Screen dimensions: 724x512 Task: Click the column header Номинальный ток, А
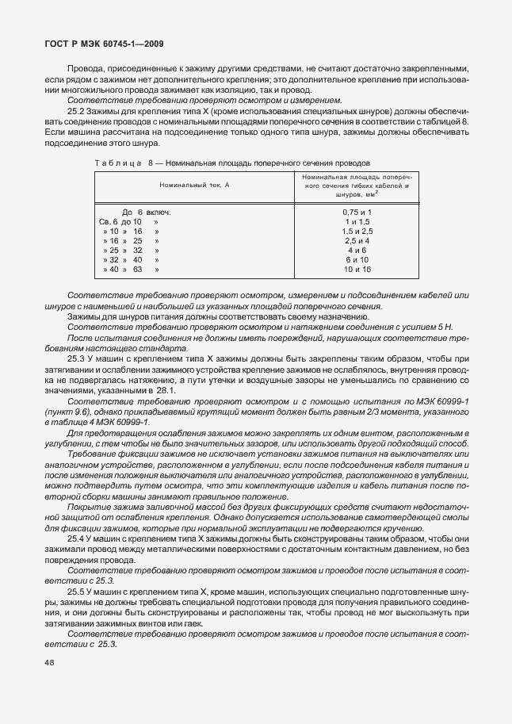[x=195, y=184]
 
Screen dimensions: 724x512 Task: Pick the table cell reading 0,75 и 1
[x=357, y=213]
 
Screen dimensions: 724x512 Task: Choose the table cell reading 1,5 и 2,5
[x=357, y=231]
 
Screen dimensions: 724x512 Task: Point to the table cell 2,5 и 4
[x=357, y=240]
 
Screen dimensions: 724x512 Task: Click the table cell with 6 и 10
[x=357, y=260]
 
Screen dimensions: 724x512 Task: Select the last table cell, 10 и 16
[x=357, y=270]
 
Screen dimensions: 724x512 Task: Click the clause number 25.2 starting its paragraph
[x=78, y=111]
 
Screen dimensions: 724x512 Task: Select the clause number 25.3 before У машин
[x=78, y=358]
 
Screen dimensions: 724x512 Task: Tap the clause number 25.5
[x=78, y=592]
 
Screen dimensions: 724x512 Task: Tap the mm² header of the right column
[x=357, y=194]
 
